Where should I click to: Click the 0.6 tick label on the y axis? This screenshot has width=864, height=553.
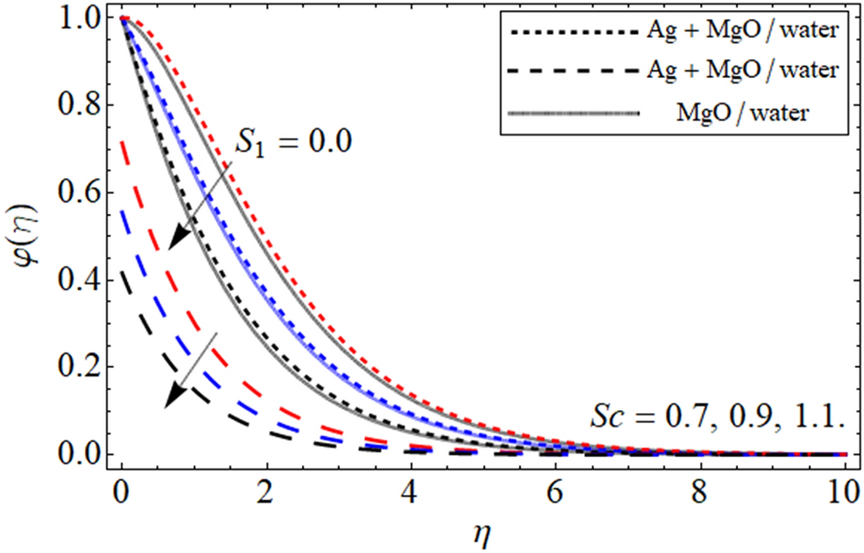(81, 193)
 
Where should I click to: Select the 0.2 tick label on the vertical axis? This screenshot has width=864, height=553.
(81, 367)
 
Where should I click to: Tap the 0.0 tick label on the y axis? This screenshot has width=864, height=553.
(81, 454)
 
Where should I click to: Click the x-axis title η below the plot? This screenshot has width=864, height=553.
(482, 529)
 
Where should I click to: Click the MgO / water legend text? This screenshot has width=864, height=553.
(747, 114)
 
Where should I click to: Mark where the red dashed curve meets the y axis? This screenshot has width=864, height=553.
(123, 139)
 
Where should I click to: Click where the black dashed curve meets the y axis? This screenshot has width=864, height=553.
(123, 271)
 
